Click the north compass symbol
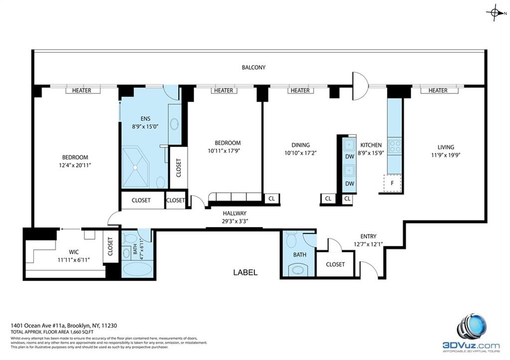click(x=495, y=13)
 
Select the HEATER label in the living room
click(x=437, y=90)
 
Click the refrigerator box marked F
click(x=392, y=183)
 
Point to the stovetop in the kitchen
click(x=395, y=146)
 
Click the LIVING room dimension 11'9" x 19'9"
click(x=446, y=155)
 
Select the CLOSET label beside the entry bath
click(x=335, y=264)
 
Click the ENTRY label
click(x=368, y=236)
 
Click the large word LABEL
click(x=246, y=272)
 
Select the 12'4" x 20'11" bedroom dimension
click(x=75, y=165)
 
